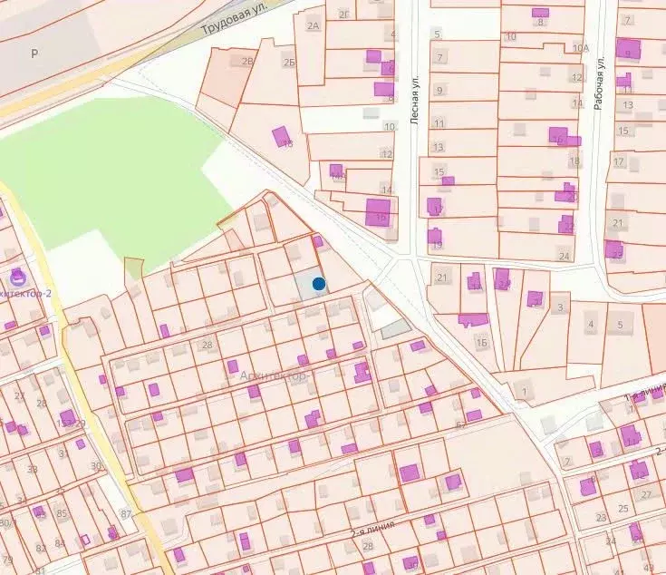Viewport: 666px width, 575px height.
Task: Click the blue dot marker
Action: pos(319,284)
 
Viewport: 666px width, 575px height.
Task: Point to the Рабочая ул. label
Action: pos(599,83)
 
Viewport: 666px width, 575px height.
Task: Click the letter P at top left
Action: pos(34,54)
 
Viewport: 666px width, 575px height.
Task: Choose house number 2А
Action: pos(314,25)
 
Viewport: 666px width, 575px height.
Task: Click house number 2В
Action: pos(247,62)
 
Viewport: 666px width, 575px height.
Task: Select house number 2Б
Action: pos(289,62)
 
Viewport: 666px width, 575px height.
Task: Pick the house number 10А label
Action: pos(580,47)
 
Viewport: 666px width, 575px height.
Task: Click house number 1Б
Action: pos(482,342)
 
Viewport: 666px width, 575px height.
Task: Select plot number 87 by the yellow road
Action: pos(126,514)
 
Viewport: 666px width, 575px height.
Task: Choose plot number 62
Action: pos(461,424)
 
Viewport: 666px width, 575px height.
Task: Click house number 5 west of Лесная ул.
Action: pos(437,34)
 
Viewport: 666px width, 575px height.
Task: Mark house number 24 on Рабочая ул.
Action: pos(564,256)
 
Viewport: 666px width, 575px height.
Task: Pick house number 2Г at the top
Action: pos(343,14)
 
